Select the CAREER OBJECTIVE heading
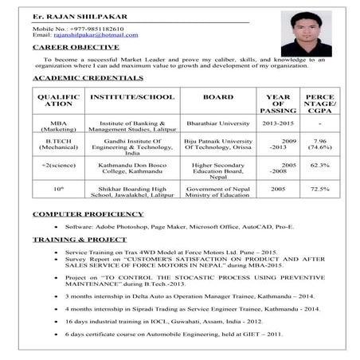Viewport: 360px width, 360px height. coord(76,47)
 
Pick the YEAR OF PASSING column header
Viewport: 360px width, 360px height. coord(278,104)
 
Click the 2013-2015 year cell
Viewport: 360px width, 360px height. coord(278,123)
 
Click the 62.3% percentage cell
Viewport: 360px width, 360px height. coord(319,165)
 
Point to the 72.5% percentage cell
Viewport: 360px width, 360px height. coord(319,189)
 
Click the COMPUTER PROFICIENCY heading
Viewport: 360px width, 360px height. coord(88,213)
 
